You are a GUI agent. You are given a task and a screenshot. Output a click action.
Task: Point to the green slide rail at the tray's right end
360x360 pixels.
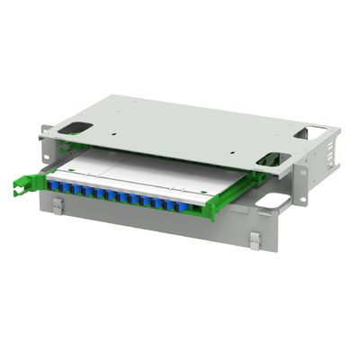click(x=212, y=208)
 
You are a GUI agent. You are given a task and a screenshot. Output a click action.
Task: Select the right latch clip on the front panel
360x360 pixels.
click(x=255, y=240)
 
